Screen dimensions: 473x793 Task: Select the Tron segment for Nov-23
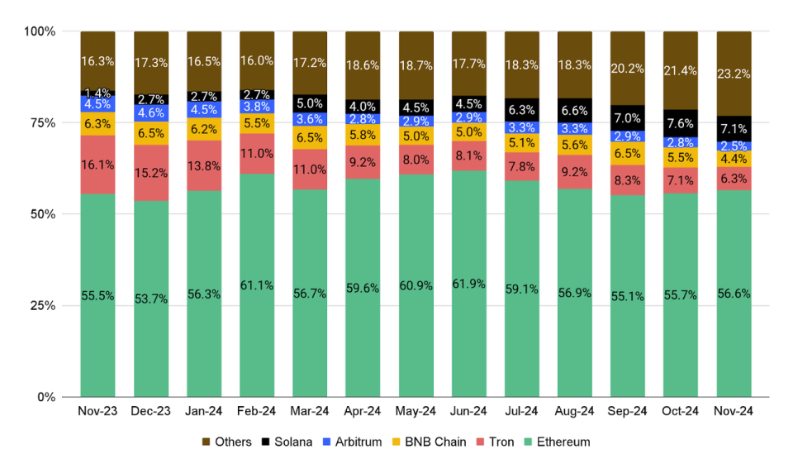(x=97, y=165)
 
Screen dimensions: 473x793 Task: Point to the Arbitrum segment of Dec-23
(x=150, y=112)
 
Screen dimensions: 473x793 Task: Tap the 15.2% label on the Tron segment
(x=150, y=173)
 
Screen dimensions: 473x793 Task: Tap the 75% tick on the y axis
(x=40, y=123)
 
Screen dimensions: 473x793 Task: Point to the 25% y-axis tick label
(x=40, y=306)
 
